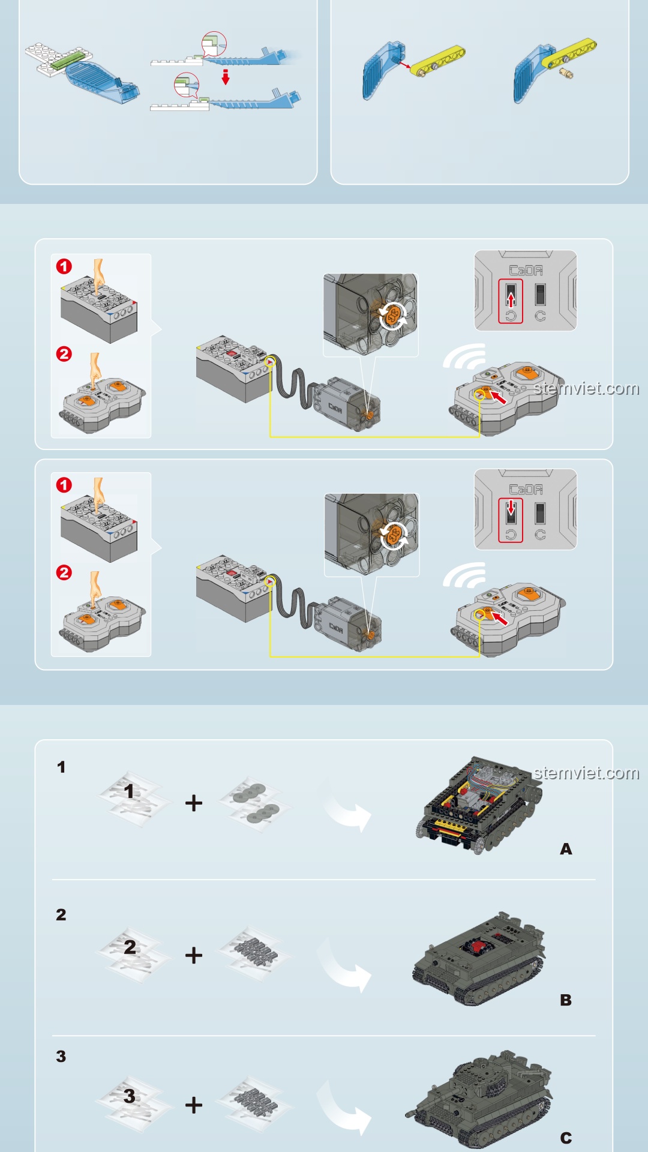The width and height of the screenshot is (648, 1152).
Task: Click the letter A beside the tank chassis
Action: click(566, 849)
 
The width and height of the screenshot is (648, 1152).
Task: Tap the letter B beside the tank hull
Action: click(566, 1000)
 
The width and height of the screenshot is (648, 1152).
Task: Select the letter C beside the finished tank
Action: click(566, 1138)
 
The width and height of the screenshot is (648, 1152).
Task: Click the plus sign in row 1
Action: click(194, 803)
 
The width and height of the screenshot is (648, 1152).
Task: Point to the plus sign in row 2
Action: click(194, 955)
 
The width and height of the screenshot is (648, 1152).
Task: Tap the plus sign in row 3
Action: click(194, 1105)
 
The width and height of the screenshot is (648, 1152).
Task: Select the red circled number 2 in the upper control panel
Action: click(64, 354)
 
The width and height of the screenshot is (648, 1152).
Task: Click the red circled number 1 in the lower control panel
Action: click(64, 485)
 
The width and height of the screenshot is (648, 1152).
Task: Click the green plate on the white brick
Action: click(66, 59)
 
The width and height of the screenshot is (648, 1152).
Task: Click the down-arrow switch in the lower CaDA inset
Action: click(511, 511)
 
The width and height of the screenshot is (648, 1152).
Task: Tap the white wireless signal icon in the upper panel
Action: click(466, 356)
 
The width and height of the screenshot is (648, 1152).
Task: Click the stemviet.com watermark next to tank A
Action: click(586, 773)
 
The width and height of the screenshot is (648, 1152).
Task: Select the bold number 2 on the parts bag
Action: click(130, 947)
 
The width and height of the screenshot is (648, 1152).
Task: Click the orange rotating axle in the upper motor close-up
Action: click(392, 316)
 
